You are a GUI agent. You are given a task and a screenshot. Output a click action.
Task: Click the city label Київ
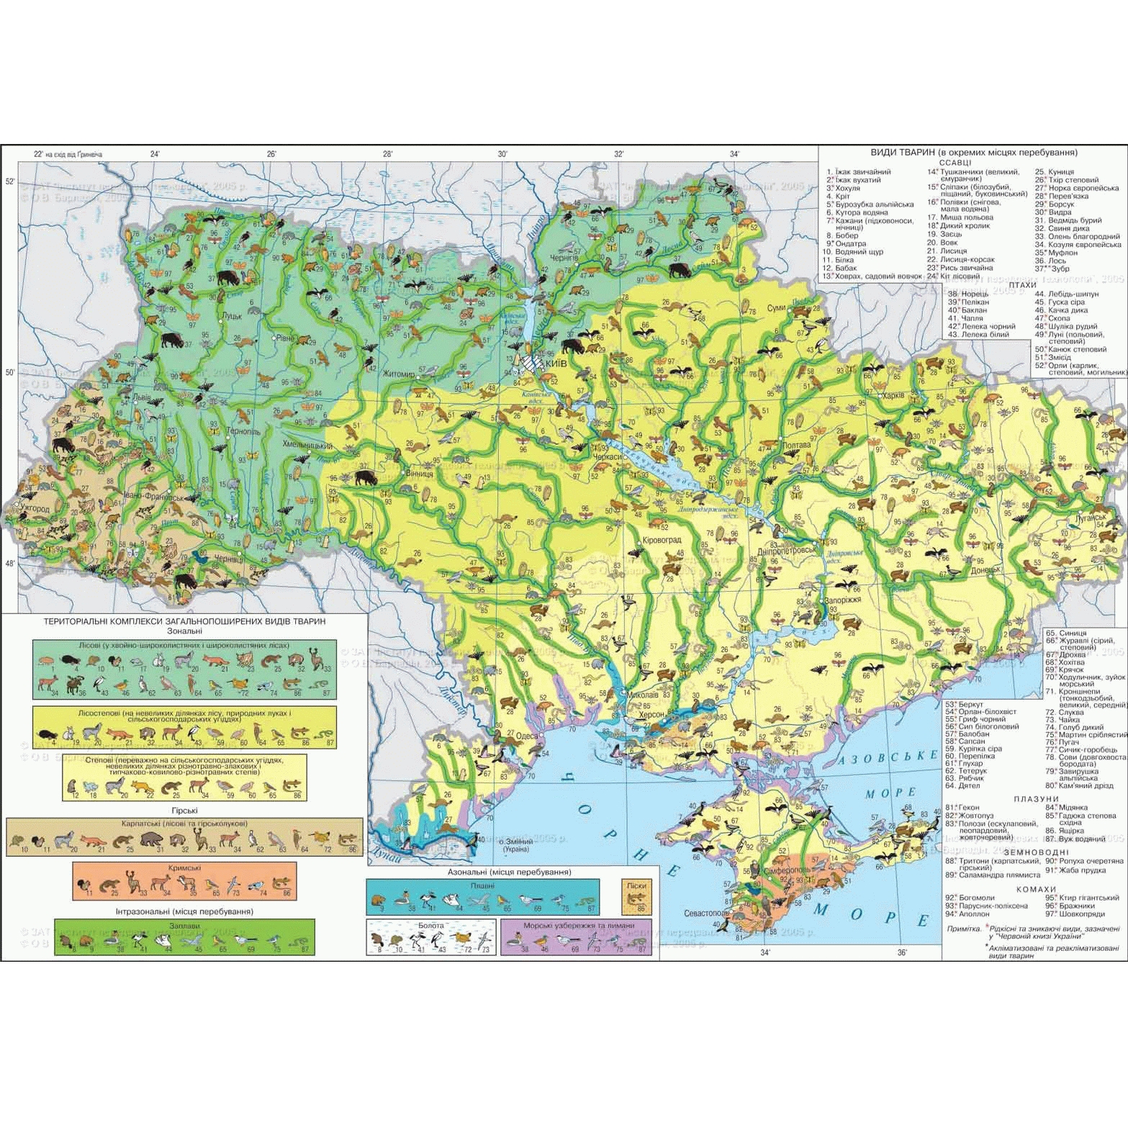click(x=558, y=364)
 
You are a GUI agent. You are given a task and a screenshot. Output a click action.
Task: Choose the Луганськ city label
click(x=1090, y=517)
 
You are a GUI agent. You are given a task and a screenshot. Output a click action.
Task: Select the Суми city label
click(x=777, y=307)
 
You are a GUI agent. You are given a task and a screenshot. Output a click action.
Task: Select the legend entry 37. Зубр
click(x=1053, y=269)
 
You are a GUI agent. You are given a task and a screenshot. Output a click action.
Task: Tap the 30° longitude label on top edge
click(x=502, y=153)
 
